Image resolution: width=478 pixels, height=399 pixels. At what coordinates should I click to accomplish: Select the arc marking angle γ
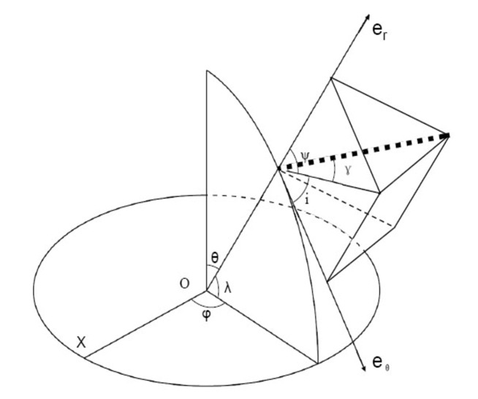(334, 172)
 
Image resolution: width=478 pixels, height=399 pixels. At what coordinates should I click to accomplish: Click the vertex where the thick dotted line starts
(278, 169)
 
